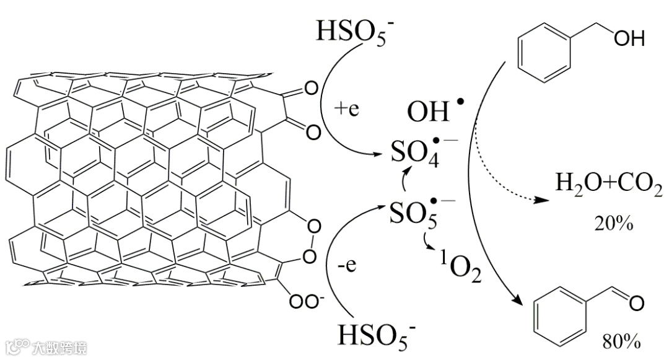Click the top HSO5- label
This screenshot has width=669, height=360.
click(349, 30)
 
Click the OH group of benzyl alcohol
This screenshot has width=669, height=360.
click(629, 39)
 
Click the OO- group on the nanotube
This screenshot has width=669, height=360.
click(307, 301)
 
